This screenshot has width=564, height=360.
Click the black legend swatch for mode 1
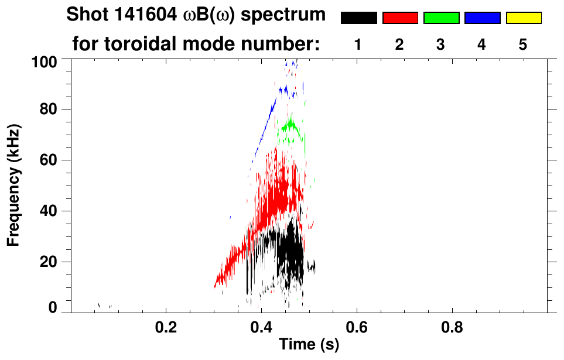pos(358,18)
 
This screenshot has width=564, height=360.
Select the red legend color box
pos(400,18)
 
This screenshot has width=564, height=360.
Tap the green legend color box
pos(441,18)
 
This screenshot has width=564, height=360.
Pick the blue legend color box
pos(482,18)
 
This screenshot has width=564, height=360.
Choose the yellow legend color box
pos(523,18)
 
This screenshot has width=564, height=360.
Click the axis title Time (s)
pos(309,345)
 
